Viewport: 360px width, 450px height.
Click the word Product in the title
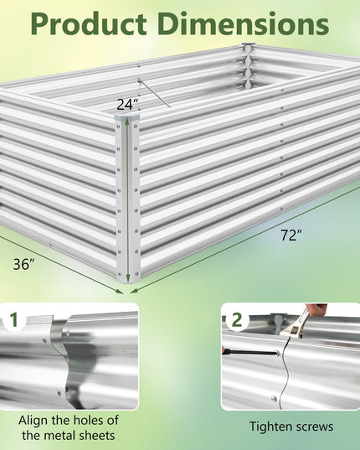[89, 24]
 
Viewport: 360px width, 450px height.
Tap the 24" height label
[127, 105]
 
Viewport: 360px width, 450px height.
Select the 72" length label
[291, 235]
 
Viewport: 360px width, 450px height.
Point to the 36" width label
[24, 264]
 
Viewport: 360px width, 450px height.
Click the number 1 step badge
[14, 320]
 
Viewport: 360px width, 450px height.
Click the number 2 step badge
[237, 320]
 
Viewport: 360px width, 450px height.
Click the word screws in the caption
[314, 427]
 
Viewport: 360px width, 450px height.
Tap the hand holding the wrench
[316, 310]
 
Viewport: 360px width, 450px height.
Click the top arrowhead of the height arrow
[128, 122]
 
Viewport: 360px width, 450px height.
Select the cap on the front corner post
[127, 117]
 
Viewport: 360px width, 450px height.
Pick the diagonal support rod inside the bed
[154, 94]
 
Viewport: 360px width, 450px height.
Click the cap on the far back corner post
[247, 44]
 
